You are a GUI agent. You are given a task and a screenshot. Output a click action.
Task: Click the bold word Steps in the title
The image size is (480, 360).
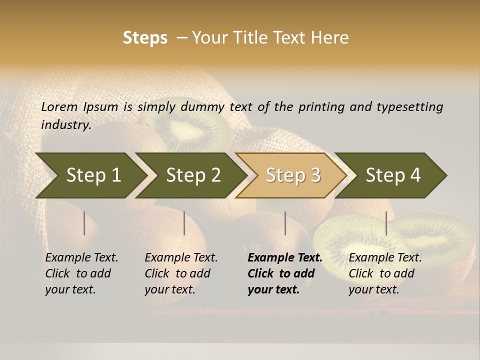coord(145,38)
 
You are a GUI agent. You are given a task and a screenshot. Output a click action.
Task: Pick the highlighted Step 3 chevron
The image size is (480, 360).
coord(293,175)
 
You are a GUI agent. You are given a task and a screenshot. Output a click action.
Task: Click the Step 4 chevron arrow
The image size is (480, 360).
coord(393,175)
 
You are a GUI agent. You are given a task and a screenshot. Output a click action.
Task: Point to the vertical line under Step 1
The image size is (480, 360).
coord(84,223)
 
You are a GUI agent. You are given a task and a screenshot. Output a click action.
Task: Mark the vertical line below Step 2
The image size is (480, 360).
coord(184,223)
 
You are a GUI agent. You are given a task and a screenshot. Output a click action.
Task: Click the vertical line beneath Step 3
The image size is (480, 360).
coord(285,223)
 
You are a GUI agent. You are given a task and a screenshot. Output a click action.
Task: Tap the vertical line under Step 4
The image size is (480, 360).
coord(386,223)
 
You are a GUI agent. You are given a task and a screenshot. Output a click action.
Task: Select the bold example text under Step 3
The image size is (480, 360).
coord(284,273)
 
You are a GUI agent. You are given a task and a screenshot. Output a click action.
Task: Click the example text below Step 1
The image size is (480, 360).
coord(81,273)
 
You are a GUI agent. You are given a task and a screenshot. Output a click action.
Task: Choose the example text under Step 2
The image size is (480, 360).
coord(181,273)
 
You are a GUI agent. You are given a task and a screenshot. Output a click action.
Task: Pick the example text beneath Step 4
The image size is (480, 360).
coord(385,273)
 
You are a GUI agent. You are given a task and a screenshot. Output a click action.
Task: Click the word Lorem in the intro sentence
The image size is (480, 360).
coord(59,106)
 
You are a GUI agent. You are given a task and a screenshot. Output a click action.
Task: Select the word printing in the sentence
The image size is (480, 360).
coord(320,106)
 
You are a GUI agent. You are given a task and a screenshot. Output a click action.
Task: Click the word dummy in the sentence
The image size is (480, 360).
coord(203,106)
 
